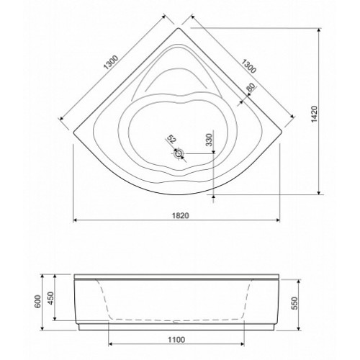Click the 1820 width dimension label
click(x=181, y=215)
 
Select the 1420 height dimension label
click(x=315, y=114)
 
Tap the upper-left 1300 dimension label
click(x=111, y=63)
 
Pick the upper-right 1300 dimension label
click(x=248, y=66)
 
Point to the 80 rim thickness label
click(x=251, y=87)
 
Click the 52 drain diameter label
click(x=171, y=139)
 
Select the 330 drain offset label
click(x=209, y=140)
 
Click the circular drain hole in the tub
click(x=179, y=153)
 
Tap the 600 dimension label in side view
click(x=38, y=301)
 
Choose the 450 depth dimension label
click(x=51, y=298)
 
